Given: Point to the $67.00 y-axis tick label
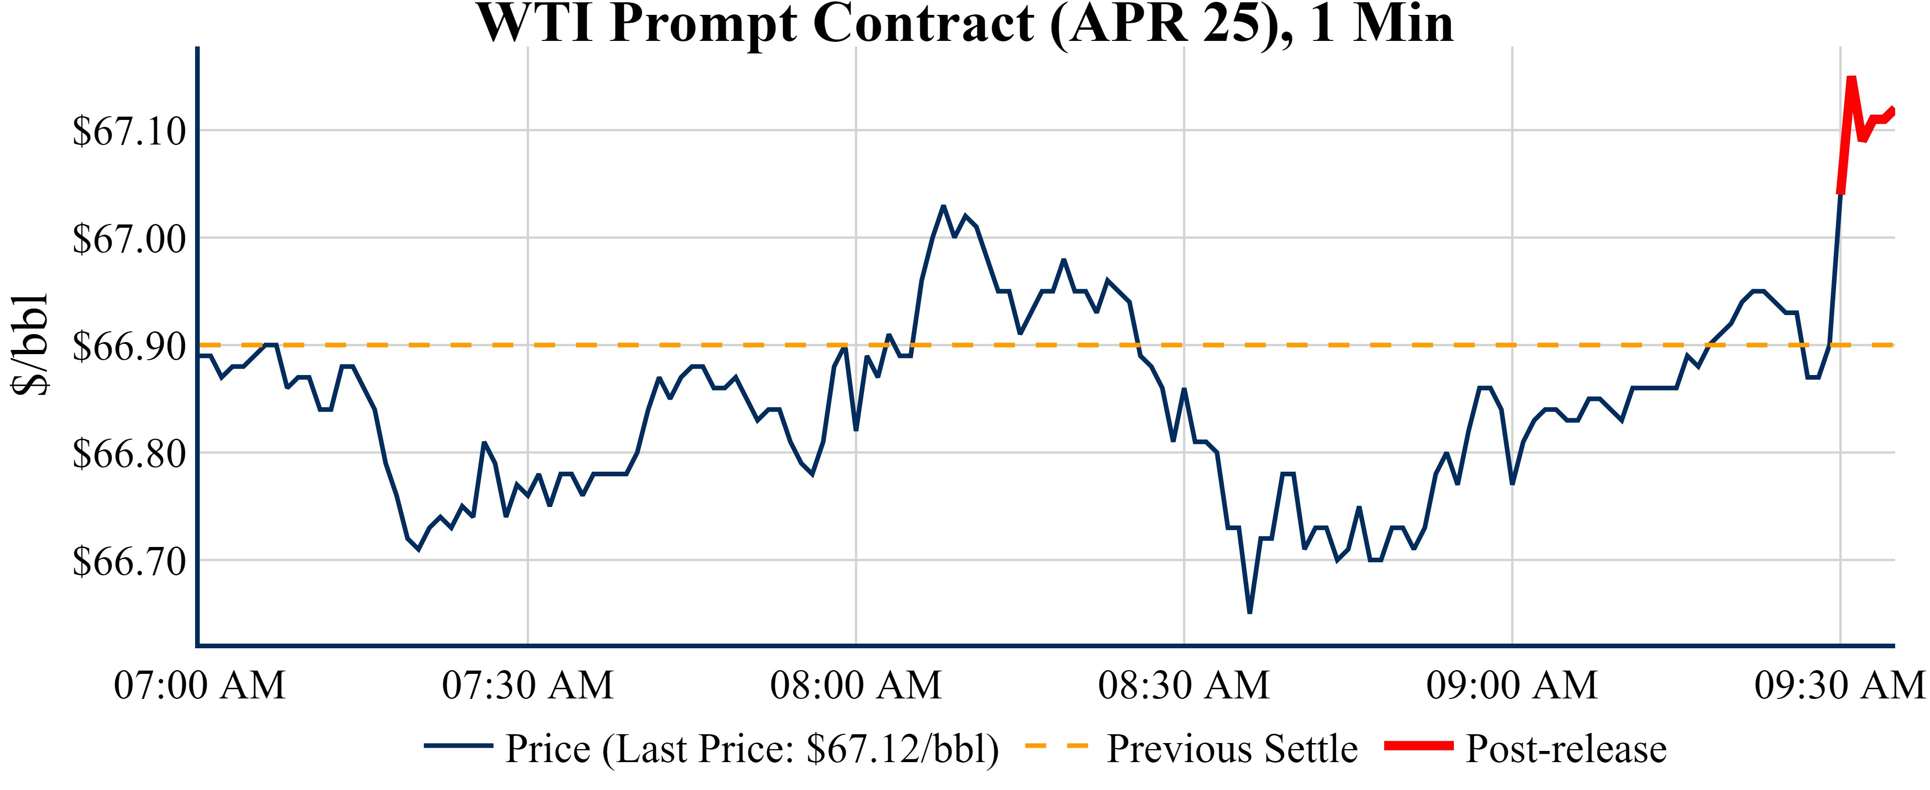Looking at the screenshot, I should click(129, 239).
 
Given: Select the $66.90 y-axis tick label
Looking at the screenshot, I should click(129, 346).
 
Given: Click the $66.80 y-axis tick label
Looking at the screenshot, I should click(129, 454).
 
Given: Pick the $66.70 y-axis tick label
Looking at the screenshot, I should click(129, 561).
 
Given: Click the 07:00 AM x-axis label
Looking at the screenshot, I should click(199, 685).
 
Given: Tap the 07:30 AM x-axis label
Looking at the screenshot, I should click(528, 685).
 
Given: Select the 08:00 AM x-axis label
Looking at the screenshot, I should click(856, 685).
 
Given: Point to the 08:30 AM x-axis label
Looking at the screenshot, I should click(1184, 685).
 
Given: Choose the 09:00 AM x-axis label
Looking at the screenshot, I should click(1512, 685).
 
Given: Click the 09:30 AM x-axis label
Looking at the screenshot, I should click(1839, 685).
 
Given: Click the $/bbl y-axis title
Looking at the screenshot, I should click(30, 345).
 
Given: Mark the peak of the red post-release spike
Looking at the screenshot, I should click(1851, 78).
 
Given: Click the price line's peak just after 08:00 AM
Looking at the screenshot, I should click(943, 206).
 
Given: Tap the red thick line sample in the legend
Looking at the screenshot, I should click(1418, 746).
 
